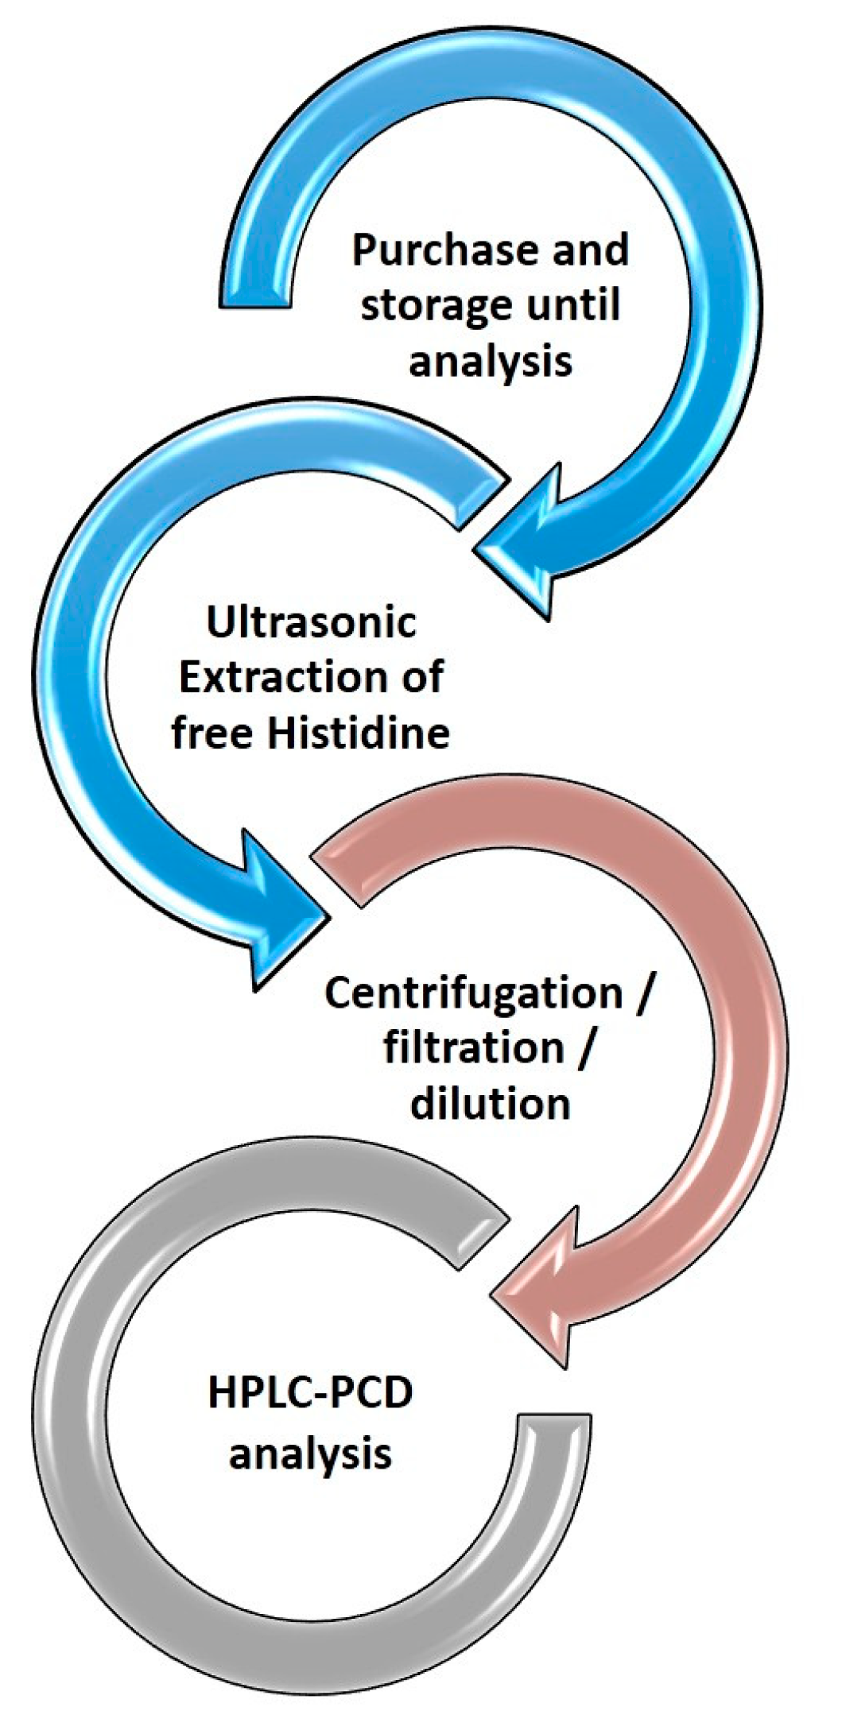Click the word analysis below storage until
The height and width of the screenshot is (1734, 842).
[x=491, y=362]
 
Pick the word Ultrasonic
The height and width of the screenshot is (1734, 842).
[x=311, y=621]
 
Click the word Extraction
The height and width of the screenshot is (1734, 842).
[x=281, y=677]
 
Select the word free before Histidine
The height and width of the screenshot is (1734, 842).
[x=213, y=733]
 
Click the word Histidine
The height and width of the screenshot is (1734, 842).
[x=358, y=733]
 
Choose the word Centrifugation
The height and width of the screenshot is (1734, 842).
[x=474, y=993]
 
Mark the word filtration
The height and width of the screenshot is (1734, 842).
[x=474, y=1049]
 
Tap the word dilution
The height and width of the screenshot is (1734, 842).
[x=491, y=1105]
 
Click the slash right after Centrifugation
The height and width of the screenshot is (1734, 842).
[x=642, y=993]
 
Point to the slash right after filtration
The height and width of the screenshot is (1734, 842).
[x=584, y=1049]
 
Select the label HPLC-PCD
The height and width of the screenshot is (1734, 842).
[x=311, y=1395]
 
